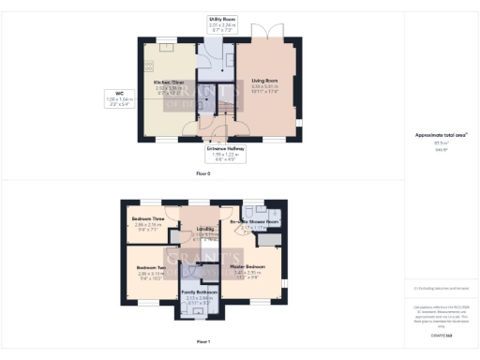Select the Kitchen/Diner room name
click(x=170, y=82)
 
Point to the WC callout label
click(x=119, y=93)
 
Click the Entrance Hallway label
click(x=223, y=147)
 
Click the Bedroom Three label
click(x=148, y=218)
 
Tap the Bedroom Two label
click(x=151, y=267)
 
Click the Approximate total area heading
click(x=441, y=134)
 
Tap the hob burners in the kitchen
click(x=147, y=66)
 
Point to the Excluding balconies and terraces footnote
click(x=441, y=289)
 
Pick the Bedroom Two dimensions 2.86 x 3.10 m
click(x=151, y=273)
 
